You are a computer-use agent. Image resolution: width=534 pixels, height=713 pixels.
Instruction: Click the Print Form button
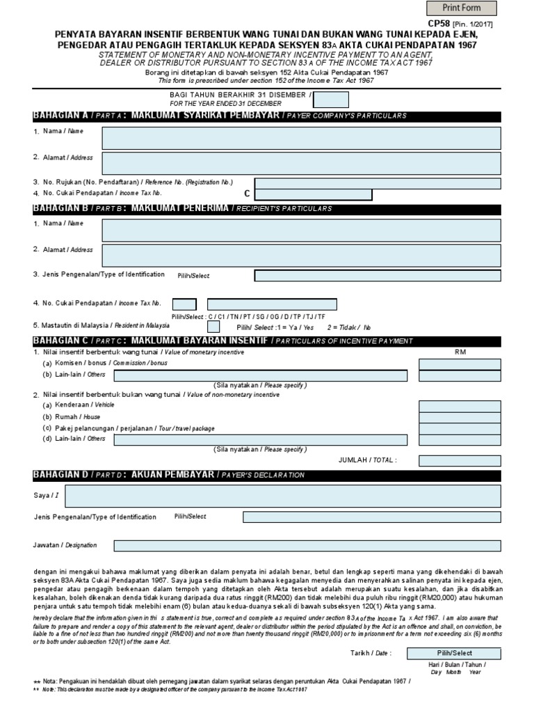[462, 8]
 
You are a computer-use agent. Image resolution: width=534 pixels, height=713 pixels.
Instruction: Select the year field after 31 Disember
[326, 99]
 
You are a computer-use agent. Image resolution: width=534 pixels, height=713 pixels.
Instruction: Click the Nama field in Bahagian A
[301, 138]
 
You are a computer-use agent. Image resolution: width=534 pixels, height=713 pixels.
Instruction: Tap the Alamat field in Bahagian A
[301, 163]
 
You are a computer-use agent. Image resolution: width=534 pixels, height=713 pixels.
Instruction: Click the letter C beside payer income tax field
[245, 194]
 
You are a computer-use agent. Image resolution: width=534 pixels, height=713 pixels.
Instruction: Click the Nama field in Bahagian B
[301, 229]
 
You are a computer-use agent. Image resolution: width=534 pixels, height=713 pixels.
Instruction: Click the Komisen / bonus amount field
[460, 364]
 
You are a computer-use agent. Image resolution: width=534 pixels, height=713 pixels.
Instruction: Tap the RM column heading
[460, 352]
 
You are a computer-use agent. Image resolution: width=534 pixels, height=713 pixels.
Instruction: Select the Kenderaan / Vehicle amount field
[460, 407]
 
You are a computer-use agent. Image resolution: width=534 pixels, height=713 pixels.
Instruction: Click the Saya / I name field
[282, 496]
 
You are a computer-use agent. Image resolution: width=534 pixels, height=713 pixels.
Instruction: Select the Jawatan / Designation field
[307, 546]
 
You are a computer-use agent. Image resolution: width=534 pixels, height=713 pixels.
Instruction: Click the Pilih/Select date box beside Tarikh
[454, 653]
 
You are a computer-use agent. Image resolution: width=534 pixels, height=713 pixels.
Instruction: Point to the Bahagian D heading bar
[267, 475]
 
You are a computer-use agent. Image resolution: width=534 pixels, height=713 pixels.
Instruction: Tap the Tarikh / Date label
[371, 653]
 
